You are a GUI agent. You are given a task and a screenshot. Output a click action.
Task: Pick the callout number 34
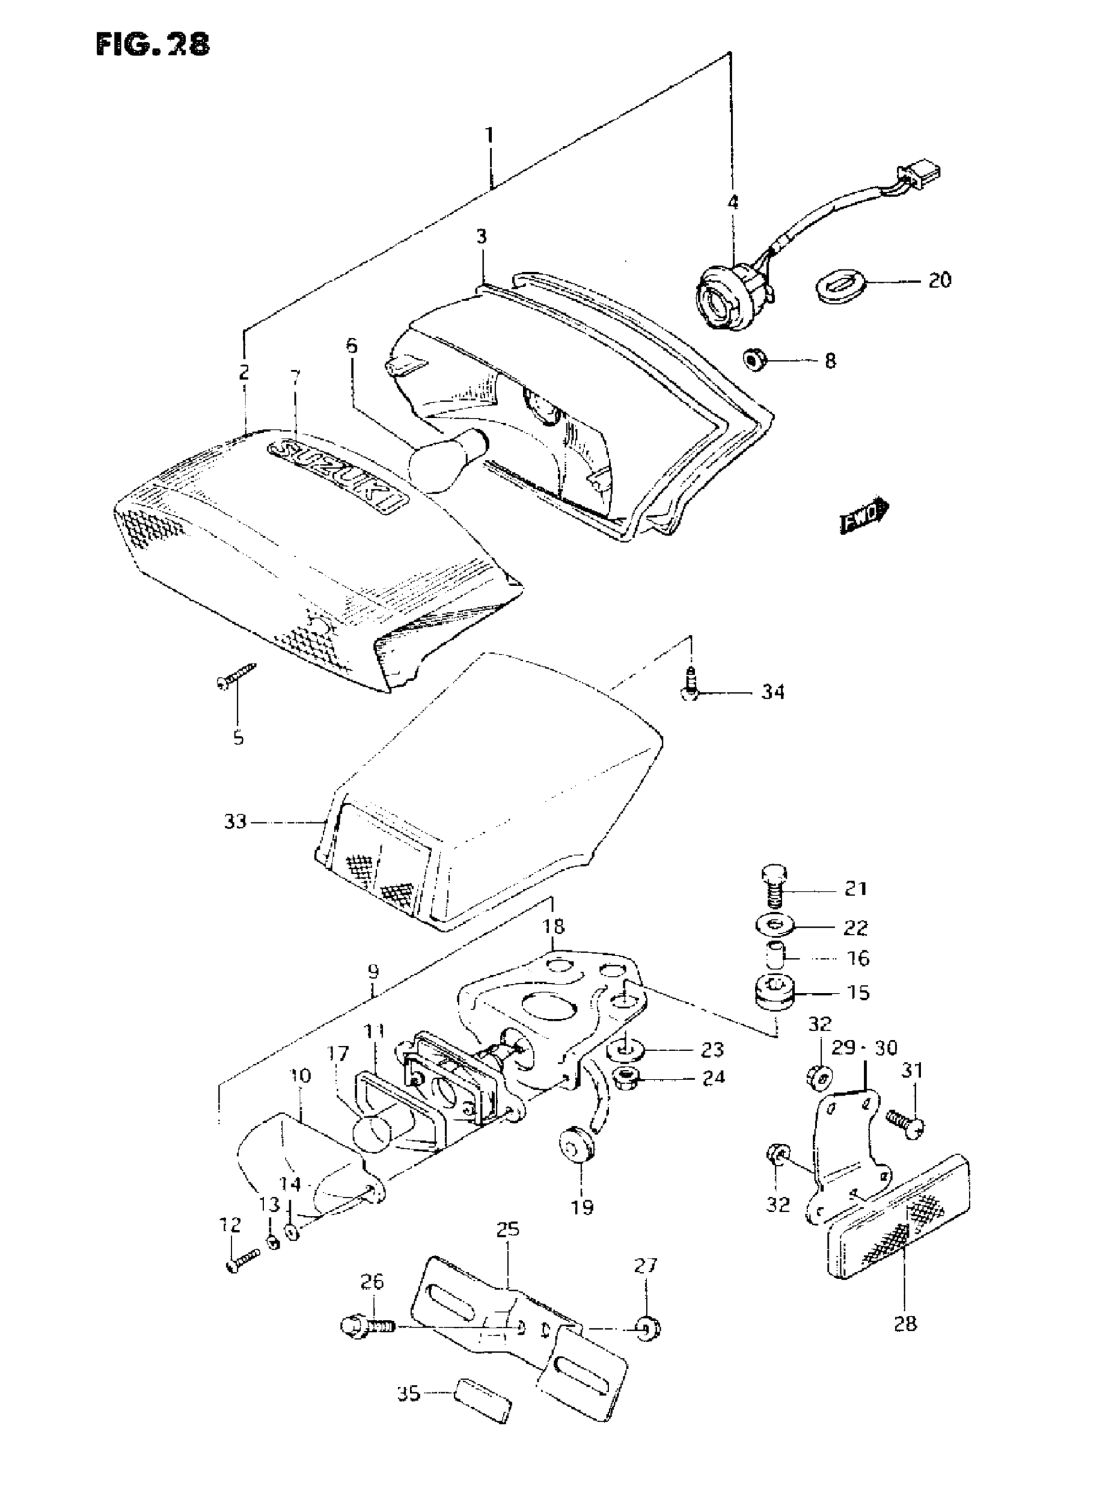point(773,693)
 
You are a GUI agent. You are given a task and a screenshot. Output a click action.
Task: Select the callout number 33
point(235,822)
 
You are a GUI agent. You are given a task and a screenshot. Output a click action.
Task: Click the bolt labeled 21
point(772,886)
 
